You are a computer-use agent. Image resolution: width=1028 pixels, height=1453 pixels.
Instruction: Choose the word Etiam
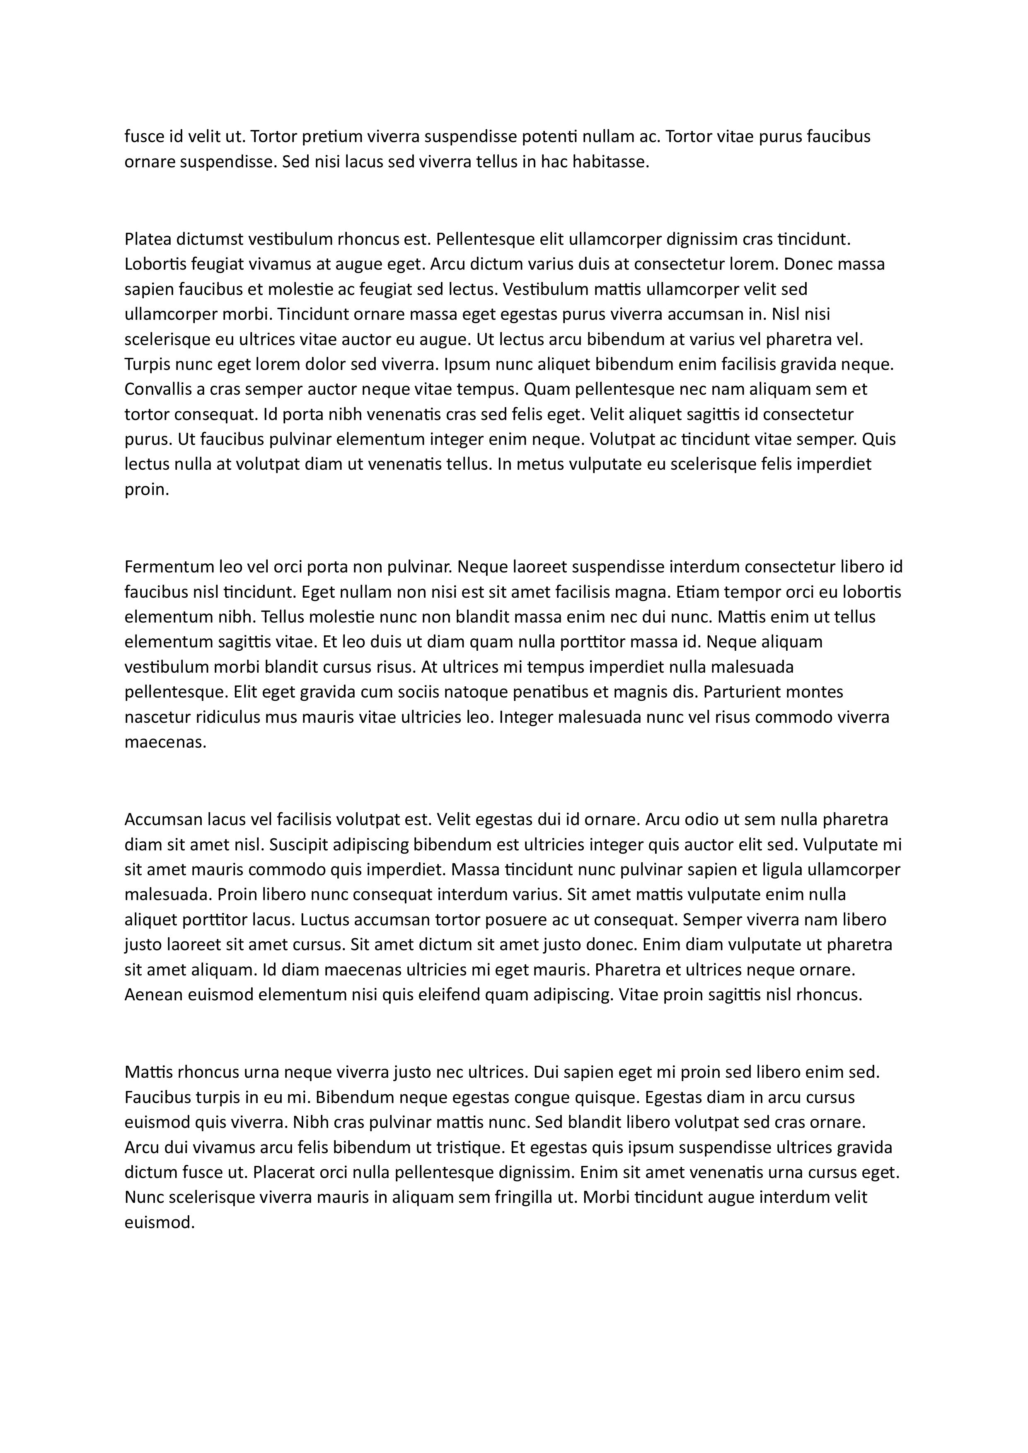pyautogui.click(x=696, y=592)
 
